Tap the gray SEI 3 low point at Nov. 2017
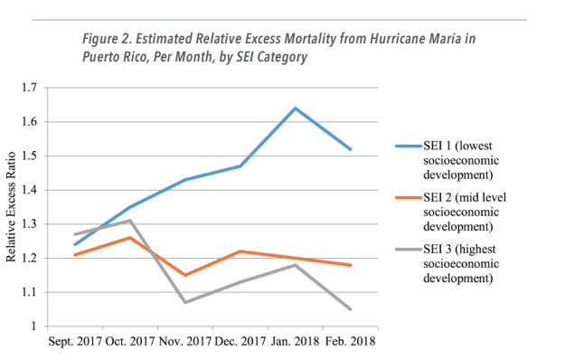point(185,302)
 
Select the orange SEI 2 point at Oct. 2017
point(131,237)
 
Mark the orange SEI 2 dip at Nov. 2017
point(185,275)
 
